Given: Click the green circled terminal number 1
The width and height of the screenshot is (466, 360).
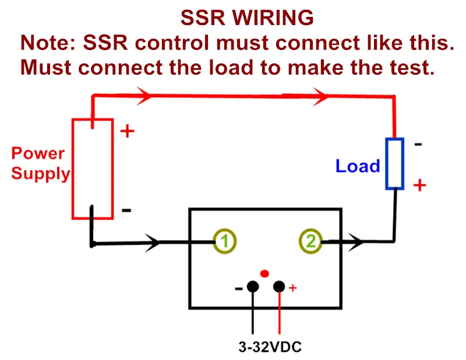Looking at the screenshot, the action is click(225, 241).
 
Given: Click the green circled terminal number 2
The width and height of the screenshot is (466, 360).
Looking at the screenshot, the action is click(310, 241).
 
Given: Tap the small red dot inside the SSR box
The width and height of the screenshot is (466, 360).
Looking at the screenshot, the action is click(264, 273).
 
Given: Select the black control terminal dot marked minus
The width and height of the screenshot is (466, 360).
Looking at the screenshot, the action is click(253, 287).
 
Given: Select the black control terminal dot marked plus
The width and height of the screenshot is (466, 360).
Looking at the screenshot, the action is click(279, 287).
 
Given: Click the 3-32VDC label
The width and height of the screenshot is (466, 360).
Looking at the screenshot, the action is click(270, 347).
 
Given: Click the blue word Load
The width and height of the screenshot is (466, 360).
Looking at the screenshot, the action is click(358, 166).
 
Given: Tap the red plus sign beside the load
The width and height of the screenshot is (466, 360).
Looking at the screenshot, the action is click(419, 185).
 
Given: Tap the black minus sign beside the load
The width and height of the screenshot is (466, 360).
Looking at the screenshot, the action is click(418, 144).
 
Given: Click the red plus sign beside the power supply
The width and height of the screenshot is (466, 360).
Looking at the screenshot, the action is click(127, 131).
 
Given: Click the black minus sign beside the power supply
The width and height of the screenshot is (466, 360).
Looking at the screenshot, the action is click(126, 210).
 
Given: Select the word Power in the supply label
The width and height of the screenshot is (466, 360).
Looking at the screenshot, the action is click(38, 153).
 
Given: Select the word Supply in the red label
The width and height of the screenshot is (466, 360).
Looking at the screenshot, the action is click(40, 174).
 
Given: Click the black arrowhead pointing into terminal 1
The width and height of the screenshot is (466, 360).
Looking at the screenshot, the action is click(153, 242).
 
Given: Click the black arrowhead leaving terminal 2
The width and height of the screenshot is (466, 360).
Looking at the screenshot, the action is click(356, 242).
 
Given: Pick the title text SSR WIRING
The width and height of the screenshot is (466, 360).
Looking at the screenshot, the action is click(247, 18).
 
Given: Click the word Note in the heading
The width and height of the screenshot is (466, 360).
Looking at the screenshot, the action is click(45, 43).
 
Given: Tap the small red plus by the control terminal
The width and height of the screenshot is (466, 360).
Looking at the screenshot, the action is click(293, 288).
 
